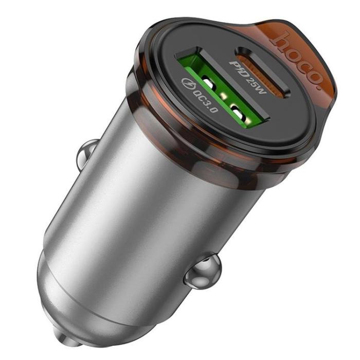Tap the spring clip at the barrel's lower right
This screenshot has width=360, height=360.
[x=204, y=272]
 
